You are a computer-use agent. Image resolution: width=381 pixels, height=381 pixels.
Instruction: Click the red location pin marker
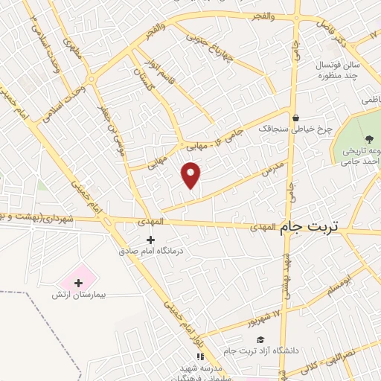(192, 174)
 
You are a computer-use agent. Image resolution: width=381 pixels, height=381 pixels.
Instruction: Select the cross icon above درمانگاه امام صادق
(151, 240)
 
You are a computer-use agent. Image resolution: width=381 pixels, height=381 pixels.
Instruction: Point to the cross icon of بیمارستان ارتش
(79, 283)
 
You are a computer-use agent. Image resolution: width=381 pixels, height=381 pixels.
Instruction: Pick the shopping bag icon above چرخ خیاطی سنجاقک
(295, 118)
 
